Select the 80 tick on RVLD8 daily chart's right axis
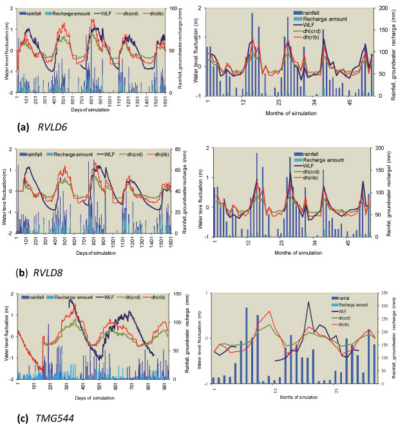pyautogui.click(x=171, y=149)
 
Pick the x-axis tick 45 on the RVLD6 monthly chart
pyautogui.click(x=350, y=102)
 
